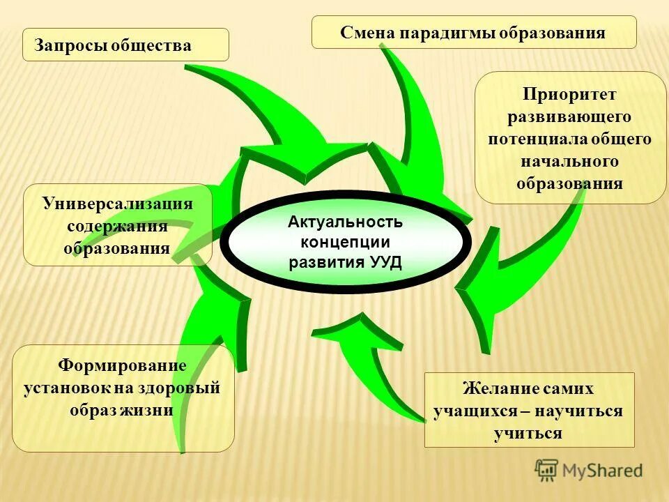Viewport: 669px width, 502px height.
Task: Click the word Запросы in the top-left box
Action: click(67, 46)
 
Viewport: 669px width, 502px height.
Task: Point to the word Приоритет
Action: click(570, 93)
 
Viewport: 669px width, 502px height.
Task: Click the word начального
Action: click(570, 161)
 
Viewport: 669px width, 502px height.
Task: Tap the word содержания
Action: click(117, 226)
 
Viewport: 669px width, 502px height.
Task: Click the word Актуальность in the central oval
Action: click(346, 222)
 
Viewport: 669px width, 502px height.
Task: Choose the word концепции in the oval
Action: click(346, 242)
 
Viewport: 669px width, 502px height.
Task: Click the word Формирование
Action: click(123, 365)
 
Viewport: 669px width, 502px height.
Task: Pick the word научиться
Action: click(583, 411)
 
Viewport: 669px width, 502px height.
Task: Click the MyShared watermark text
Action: click(603, 471)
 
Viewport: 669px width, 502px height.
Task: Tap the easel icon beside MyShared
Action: click(547, 471)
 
